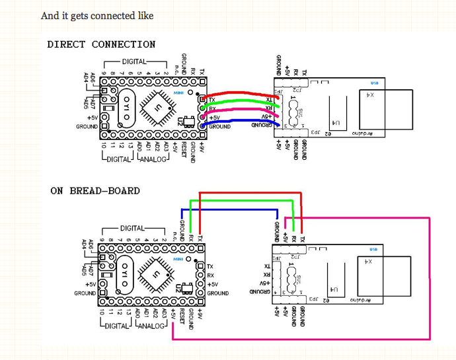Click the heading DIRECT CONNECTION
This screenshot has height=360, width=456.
point(101,45)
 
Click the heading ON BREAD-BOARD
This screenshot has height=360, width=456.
point(95,191)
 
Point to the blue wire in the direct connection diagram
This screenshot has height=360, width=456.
point(238,122)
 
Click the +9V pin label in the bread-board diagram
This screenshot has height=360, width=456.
point(200,316)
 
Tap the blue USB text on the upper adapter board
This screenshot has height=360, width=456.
point(375,83)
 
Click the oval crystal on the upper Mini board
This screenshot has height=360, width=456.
point(124,106)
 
